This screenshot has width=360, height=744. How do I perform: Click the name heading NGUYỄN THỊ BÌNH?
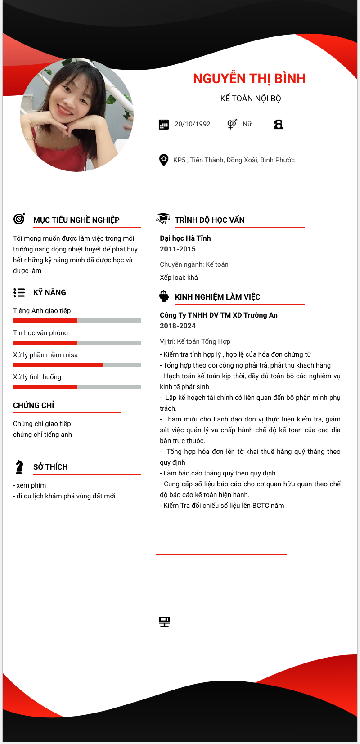[249, 79]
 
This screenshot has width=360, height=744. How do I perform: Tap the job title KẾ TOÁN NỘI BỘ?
[251, 99]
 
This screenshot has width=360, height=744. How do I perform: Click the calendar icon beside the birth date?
[164, 125]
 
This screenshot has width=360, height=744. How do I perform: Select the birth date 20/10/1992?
[192, 124]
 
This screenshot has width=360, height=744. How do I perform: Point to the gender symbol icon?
[232, 124]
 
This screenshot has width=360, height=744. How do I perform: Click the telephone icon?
[279, 125]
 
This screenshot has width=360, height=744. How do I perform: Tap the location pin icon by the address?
[164, 160]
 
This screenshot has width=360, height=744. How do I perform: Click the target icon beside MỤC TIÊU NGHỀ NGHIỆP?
[19, 219]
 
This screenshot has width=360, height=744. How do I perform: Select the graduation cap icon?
[163, 219]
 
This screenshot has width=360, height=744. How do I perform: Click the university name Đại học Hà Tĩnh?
[185, 238]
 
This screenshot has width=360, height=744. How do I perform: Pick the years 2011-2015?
[178, 249]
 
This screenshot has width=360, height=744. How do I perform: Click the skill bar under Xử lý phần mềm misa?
[77, 365]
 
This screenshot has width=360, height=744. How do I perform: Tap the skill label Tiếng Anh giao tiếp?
[42, 311]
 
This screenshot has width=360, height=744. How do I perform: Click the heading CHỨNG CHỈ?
[34, 405]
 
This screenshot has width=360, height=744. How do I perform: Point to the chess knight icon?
[19, 467]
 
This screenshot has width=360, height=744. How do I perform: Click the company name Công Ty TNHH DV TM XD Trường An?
[219, 315]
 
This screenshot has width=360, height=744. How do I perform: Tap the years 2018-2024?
[178, 326]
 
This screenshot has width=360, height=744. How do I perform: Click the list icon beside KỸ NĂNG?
[19, 293]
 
